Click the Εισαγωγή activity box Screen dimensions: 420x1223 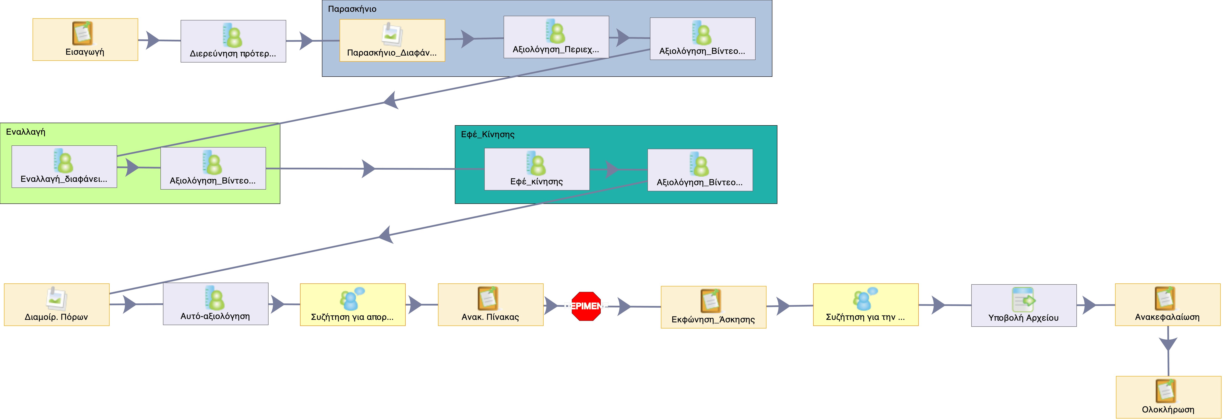click(85, 40)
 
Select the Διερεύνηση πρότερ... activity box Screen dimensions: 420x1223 click(233, 41)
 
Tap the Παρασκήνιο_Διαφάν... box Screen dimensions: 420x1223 click(392, 40)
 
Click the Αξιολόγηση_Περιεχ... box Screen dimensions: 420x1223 click(556, 37)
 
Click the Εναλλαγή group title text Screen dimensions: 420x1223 click(26, 132)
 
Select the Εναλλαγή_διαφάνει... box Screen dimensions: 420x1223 click(64, 167)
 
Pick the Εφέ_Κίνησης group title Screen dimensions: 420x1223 click(488, 134)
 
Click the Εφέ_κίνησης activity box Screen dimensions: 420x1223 click(536, 169)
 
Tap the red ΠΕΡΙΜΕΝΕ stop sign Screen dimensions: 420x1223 click(586, 306)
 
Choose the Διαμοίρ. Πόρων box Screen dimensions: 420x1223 click(57, 304)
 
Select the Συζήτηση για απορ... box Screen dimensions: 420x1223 click(352, 304)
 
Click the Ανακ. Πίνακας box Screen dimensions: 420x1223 click(490, 304)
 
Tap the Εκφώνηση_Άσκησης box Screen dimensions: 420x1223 click(713, 307)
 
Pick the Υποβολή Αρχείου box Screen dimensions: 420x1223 click(1024, 306)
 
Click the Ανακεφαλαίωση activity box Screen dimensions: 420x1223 click(1167, 304)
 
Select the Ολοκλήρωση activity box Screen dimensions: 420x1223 click(1168, 397)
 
